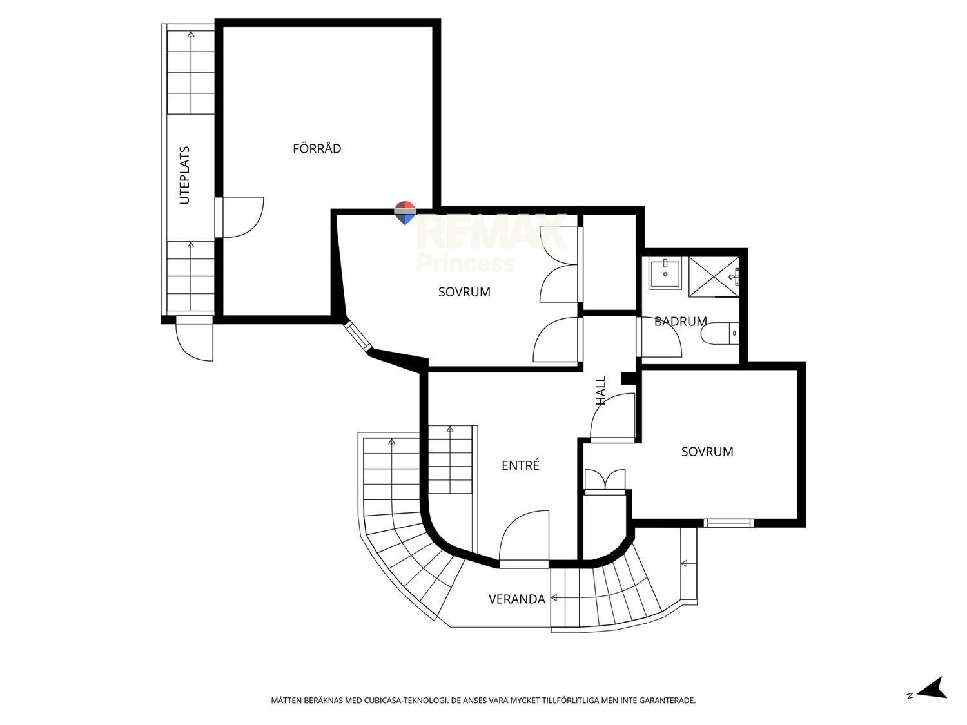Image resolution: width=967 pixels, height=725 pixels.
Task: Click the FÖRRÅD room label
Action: (x=317, y=148)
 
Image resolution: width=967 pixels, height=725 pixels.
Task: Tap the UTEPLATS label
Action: (x=184, y=175)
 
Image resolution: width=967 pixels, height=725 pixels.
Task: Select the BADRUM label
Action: (x=680, y=322)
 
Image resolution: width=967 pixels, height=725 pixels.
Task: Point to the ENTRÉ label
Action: (x=520, y=465)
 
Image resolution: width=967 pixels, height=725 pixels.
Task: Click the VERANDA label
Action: (x=517, y=599)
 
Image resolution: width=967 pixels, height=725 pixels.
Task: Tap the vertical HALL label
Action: (x=601, y=390)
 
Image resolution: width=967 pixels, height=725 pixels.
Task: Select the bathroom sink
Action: (x=665, y=273)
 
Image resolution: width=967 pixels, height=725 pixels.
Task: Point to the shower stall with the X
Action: (x=714, y=277)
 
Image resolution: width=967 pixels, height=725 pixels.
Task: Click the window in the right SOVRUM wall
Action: (x=728, y=523)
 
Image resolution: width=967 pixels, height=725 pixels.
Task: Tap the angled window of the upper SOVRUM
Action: (x=358, y=337)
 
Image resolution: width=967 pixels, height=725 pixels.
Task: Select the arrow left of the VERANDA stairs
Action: (x=554, y=598)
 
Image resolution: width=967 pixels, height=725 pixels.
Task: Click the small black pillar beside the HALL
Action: (x=628, y=378)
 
